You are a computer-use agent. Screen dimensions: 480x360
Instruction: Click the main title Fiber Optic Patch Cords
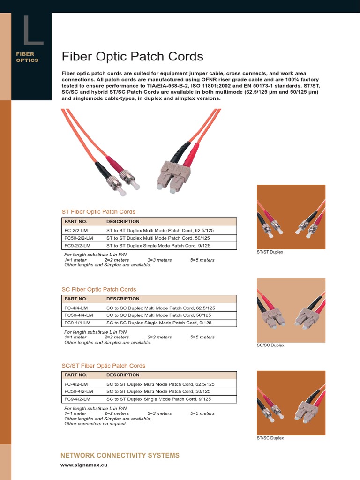[x=133, y=57]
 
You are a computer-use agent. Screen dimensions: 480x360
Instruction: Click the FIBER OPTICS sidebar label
[x=27, y=57]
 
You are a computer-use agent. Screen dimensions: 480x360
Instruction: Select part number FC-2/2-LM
[x=76, y=231]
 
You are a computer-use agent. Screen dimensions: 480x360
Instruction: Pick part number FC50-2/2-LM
[x=79, y=238]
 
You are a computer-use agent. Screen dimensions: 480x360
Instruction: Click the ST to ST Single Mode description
[x=158, y=246]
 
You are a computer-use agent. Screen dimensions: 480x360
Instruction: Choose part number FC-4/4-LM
[x=76, y=308]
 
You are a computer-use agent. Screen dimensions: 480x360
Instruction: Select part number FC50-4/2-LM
[x=79, y=391]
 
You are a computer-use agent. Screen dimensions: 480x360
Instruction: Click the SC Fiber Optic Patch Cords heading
[x=99, y=289]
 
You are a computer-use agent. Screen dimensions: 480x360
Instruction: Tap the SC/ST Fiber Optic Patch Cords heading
[x=104, y=366]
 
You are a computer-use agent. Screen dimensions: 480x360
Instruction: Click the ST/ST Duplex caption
[x=270, y=252]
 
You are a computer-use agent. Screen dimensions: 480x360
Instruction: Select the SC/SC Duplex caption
[x=270, y=345]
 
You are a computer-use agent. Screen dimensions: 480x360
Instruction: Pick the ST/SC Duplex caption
[x=270, y=438]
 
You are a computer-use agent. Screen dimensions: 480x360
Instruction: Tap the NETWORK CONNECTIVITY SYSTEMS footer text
[x=120, y=455]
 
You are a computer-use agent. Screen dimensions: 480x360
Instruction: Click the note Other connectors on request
[x=96, y=424]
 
